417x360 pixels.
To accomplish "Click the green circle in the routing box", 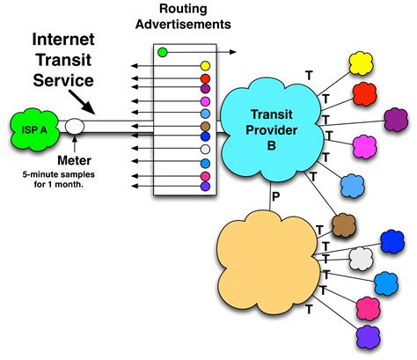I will tap(163, 53).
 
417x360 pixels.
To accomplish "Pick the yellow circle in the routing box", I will tap(205, 66).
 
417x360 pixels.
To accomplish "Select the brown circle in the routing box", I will tap(205, 138).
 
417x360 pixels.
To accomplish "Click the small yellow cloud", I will tap(362, 61).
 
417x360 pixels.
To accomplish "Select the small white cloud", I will tap(361, 258).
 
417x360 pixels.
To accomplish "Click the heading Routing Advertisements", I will tap(188, 17).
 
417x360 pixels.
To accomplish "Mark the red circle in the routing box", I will tap(205, 77).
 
